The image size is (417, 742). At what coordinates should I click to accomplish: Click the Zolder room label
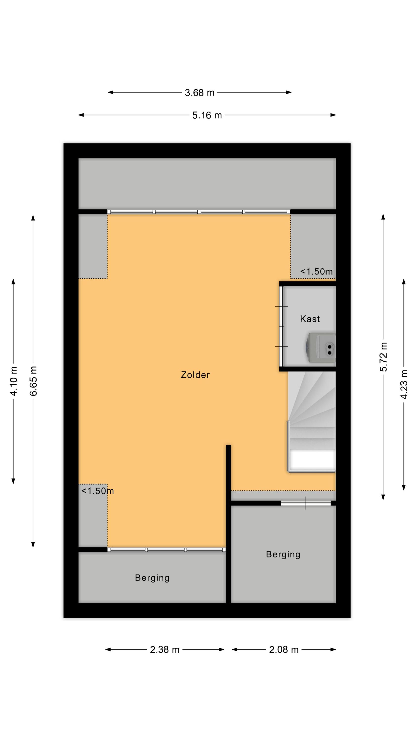tap(195, 375)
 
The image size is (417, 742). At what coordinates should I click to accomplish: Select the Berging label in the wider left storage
tap(152, 578)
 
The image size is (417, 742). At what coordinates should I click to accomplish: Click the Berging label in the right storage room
tap(283, 555)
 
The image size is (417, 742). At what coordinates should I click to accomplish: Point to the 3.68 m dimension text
tap(200, 93)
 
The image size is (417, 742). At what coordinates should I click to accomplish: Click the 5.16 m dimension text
tap(207, 115)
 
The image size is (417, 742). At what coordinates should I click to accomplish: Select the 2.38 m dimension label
tap(165, 650)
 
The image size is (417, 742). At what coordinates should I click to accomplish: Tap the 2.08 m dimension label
tap(284, 650)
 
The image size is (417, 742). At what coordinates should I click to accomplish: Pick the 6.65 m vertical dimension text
tap(33, 381)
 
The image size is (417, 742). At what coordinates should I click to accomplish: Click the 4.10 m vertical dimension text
tap(14, 381)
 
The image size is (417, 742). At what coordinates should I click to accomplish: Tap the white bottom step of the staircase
tap(312, 460)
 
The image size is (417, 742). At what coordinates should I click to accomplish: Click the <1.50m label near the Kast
tap(316, 272)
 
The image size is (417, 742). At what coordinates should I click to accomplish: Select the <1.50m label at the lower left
tap(98, 491)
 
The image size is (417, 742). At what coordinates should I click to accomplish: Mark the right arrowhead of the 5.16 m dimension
tap(333, 115)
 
